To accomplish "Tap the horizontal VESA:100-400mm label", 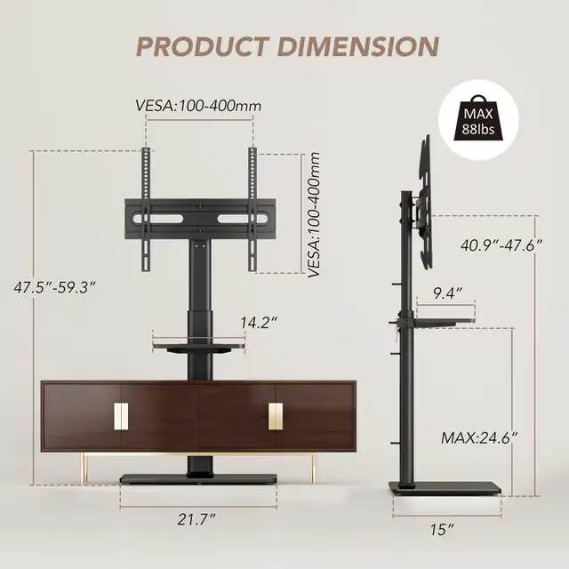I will point(198,106).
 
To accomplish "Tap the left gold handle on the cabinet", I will point(121,415).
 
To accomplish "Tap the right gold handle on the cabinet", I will point(276,415).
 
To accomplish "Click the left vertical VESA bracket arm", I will point(145,212).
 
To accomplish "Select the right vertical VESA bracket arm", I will point(253,212).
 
